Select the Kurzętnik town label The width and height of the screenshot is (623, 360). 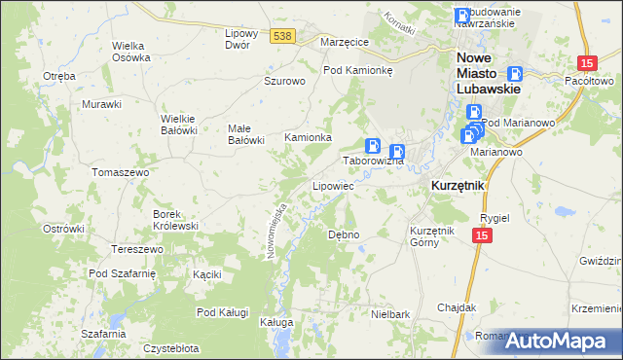[458, 185]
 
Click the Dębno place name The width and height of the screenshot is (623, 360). [344, 234]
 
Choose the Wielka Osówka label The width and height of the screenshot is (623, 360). [131, 52]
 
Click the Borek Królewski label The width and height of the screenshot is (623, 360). [175, 219]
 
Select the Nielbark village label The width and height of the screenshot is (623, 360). [389, 314]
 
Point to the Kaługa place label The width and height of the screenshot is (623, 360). [275, 320]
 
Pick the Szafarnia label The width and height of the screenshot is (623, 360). [103, 334]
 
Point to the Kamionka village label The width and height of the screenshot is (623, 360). [308, 138]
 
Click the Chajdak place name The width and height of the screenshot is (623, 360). [456, 307]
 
